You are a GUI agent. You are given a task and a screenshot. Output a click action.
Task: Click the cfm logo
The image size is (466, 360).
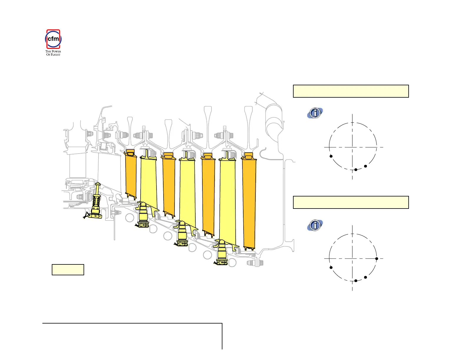(x=53, y=39)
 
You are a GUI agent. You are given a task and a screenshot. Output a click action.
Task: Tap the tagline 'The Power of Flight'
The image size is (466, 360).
(x=53, y=53)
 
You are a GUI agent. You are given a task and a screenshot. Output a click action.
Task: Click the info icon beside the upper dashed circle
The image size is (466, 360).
(x=315, y=113)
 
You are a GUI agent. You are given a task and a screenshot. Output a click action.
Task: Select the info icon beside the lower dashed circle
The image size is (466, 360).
(x=315, y=225)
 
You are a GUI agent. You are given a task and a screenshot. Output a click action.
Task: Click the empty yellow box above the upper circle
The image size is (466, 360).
(x=351, y=91)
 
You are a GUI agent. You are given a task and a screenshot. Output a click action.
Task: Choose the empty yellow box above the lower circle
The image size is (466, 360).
(x=351, y=202)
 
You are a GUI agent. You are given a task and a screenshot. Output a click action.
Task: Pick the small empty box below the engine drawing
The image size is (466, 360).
(x=68, y=269)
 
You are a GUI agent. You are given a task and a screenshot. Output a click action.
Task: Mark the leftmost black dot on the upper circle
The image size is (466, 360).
(x=331, y=156)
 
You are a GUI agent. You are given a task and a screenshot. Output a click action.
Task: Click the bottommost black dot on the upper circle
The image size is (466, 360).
(x=356, y=170)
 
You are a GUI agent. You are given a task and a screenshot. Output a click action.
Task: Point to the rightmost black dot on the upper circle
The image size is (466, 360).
(x=365, y=166)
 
